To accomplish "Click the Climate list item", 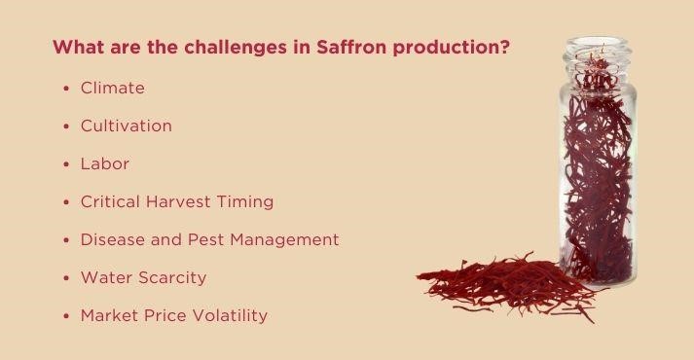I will click(x=113, y=89).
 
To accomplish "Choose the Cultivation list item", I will click(x=127, y=126).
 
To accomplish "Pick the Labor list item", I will click(x=105, y=164).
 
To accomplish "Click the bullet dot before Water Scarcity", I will click(x=66, y=278).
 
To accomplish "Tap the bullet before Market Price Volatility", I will click(x=66, y=316).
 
